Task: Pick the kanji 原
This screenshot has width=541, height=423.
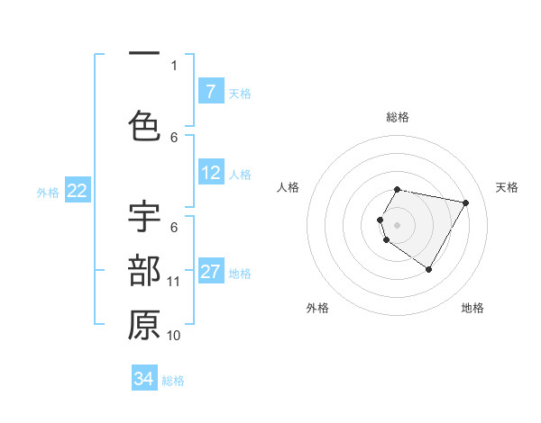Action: pyautogui.click(x=144, y=326)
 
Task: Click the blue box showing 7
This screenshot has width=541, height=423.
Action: pyautogui.click(x=210, y=92)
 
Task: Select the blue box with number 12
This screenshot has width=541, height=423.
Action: pyautogui.click(x=210, y=173)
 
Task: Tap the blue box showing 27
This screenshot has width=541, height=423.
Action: pyautogui.click(x=210, y=272)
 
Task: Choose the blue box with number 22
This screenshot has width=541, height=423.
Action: pyautogui.click(x=78, y=191)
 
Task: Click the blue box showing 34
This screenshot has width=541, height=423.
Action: pyautogui.click(x=144, y=379)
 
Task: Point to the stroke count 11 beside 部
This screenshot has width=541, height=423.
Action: pyautogui.click(x=174, y=282)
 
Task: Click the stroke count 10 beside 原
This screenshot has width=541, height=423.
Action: pyautogui.click(x=174, y=336)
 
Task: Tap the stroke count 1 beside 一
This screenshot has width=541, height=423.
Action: pyautogui.click(x=174, y=66)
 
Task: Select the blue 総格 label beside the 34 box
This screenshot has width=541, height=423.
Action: pyautogui.click(x=173, y=381)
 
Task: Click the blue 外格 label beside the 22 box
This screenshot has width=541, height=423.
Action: pyautogui.click(x=48, y=192)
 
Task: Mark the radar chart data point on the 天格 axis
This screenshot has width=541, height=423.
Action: pyautogui.click(x=465, y=202)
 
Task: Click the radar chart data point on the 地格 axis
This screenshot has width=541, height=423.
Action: pyautogui.click(x=428, y=269)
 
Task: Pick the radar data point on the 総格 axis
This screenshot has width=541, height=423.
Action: pyautogui.click(x=398, y=189)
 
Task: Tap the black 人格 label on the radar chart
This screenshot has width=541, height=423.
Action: pyautogui.click(x=289, y=187)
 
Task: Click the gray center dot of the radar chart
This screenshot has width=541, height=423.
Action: pyautogui.click(x=398, y=224)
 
